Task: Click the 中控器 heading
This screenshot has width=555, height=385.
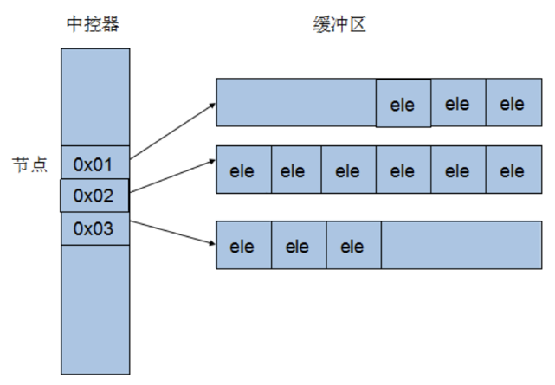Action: click(x=94, y=24)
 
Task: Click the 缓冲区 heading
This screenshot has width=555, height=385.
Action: click(x=339, y=24)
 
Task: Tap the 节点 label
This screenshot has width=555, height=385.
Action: click(x=29, y=164)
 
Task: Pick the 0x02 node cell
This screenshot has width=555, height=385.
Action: click(x=94, y=196)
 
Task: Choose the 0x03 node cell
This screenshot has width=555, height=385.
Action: click(x=95, y=228)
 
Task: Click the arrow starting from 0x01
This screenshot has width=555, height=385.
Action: click(x=172, y=132)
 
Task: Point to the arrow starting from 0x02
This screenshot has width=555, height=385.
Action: click(x=172, y=176)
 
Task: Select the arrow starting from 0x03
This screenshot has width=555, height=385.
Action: click(x=172, y=232)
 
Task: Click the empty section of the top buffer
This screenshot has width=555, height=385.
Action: click(x=296, y=103)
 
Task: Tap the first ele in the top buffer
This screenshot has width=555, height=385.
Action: click(x=403, y=103)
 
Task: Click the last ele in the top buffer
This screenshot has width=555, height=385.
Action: click(x=514, y=103)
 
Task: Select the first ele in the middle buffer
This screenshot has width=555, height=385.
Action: click(x=244, y=170)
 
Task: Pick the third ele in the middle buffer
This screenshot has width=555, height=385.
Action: click(x=349, y=170)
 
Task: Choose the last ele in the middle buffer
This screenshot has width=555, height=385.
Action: click(x=514, y=170)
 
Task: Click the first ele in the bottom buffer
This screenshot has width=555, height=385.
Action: click(x=244, y=245)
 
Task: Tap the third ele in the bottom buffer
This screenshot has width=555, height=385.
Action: click(x=354, y=245)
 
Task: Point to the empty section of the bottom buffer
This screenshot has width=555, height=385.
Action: click(x=461, y=245)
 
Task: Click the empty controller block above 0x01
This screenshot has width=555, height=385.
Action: click(x=95, y=97)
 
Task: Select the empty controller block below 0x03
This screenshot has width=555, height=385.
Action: click(x=95, y=310)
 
